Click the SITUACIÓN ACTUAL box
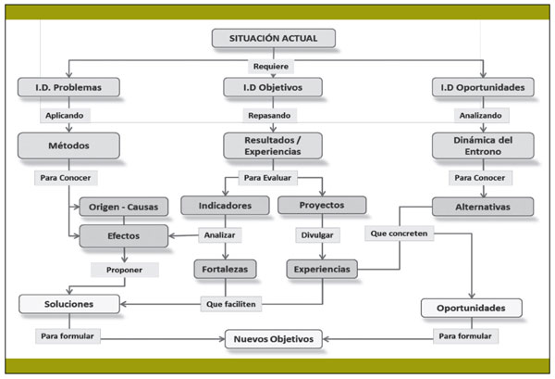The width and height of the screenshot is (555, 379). pyautogui.click(x=273, y=38)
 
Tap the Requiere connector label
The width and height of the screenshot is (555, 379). pyautogui.click(x=273, y=67)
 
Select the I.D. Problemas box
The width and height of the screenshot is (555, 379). pyautogui.click(x=68, y=88)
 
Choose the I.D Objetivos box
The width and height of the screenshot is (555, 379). pyautogui.click(x=273, y=88)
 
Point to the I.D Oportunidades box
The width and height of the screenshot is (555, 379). pyautogui.click(x=484, y=88)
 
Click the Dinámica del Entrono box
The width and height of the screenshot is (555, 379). pyautogui.click(x=484, y=145)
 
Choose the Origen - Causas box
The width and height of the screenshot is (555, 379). pyautogui.click(x=124, y=206)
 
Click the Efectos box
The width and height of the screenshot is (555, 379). pyautogui.click(x=124, y=235)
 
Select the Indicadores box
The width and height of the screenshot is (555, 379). pyautogui.click(x=225, y=205)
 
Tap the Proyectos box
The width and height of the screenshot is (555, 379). pyautogui.click(x=321, y=205)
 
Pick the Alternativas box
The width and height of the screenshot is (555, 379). pyautogui.click(x=483, y=206)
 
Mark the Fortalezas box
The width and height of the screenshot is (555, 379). pyautogui.click(x=225, y=270)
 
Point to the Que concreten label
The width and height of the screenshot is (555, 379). pyautogui.click(x=399, y=234)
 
